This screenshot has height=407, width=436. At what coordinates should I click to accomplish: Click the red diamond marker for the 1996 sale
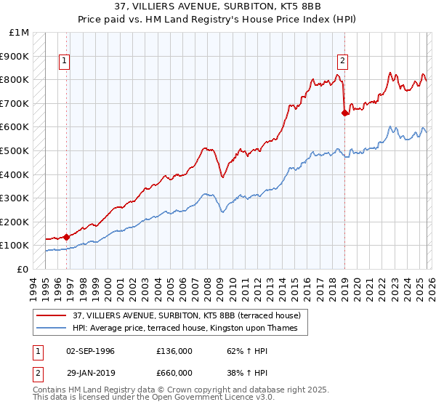[67, 236]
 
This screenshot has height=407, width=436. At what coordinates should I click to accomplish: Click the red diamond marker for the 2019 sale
[344, 113]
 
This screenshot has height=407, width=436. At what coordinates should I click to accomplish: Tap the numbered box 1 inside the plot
[65, 62]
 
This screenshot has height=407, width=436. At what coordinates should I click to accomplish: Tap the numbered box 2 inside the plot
[342, 62]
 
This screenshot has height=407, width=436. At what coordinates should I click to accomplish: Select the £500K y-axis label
[15, 151]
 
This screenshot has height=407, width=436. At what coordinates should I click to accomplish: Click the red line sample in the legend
[52, 315]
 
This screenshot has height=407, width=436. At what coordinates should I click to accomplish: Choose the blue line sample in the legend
[52, 329]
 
